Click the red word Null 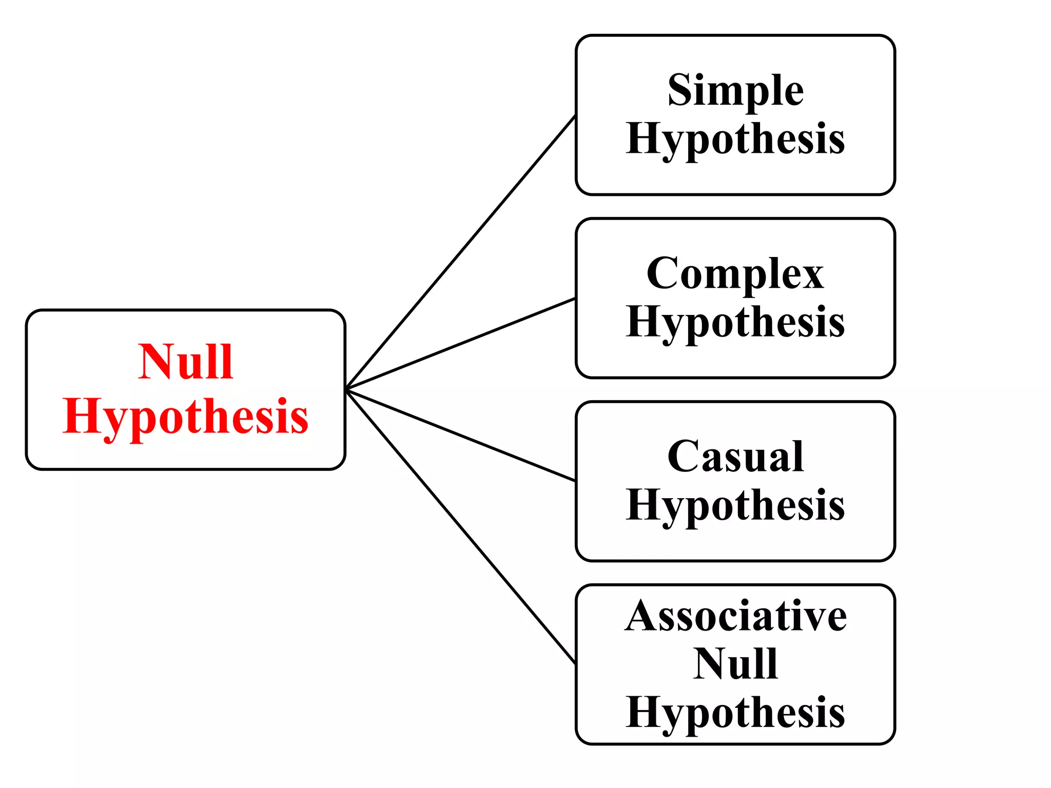[186, 362]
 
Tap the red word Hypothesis [186, 417]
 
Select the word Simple [735, 90]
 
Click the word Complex [735, 273]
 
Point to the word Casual [735, 456]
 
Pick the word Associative [735, 616]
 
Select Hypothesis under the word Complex [735, 322]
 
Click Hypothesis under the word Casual [735, 505]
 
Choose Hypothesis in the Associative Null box [735, 713]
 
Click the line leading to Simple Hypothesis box [461, 252]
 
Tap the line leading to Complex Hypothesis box [461, 343]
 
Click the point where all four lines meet [347, 389]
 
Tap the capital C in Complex [662, 273]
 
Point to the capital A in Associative [643, 616]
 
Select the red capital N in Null [156, 362]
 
